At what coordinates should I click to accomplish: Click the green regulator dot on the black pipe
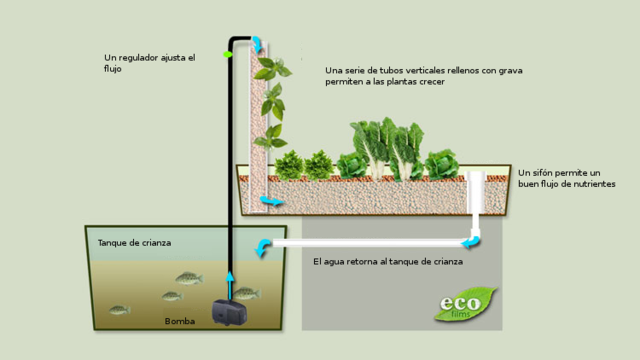pos(227,54)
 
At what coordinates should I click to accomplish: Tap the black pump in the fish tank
pos(229,312)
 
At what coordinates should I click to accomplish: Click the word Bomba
pos(180,321)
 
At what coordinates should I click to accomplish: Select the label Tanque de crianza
pos(134,243)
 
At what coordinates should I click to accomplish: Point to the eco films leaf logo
pos(465,304)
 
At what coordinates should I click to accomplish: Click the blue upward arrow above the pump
pos(230,285)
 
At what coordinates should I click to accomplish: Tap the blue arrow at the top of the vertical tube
pos(257,44)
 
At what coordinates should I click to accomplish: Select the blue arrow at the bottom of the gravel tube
pos(271,201)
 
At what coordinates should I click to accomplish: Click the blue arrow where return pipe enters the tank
pos(262,247)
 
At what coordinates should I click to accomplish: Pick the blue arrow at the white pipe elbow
pos(471,242)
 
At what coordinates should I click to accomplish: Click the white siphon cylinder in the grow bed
pos(476,193)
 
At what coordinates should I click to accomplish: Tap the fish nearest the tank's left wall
pos(120,310)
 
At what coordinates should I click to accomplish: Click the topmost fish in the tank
pos(189,278)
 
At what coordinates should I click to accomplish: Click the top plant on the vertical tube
pos(273,68)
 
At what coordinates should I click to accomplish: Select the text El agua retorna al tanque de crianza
pos(388,262)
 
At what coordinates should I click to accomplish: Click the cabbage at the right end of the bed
pos(442,164)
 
